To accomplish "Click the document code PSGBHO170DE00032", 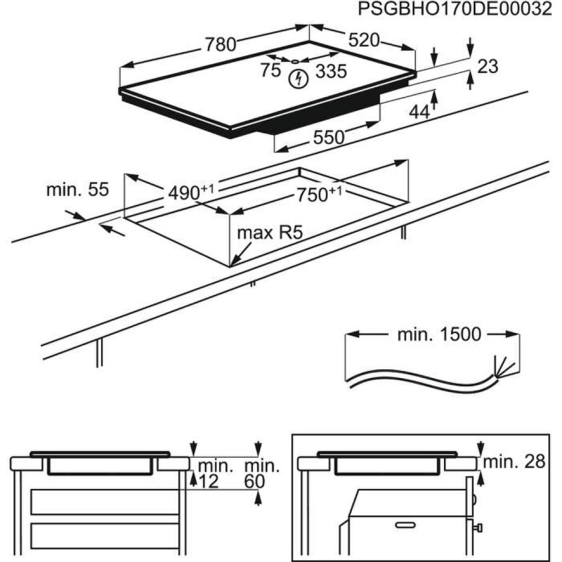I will point(454,10).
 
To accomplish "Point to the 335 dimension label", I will point(331,71).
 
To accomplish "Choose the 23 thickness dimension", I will point(487,66).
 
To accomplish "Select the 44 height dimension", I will point(419,111).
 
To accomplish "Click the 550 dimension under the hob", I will point(329,137).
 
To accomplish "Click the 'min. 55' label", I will point(77,190).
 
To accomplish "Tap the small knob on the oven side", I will point(479,528).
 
